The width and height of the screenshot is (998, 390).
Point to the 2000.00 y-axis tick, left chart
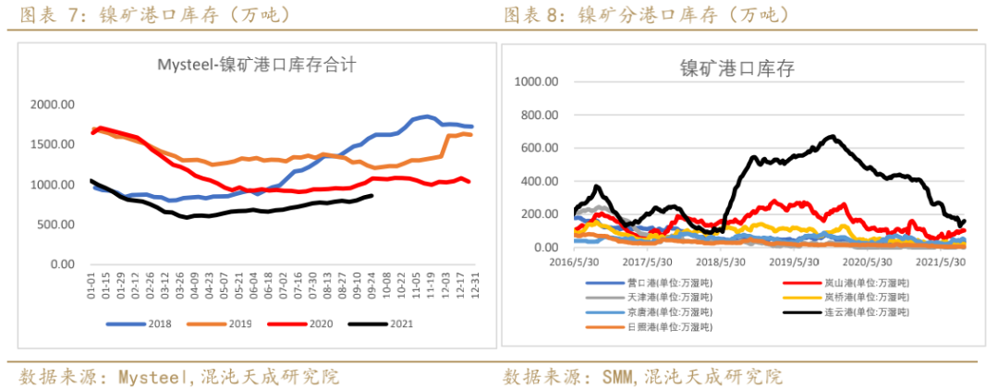coord(52,104)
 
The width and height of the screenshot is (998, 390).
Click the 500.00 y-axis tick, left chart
coord(55,225)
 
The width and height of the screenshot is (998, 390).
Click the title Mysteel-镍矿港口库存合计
coord(256,66)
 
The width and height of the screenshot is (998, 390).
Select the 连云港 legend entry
coord(849,312)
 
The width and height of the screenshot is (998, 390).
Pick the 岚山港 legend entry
coord(849,282)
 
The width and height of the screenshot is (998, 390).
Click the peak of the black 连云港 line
coord(832,137)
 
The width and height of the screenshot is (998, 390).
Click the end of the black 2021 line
coord(371,195)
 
